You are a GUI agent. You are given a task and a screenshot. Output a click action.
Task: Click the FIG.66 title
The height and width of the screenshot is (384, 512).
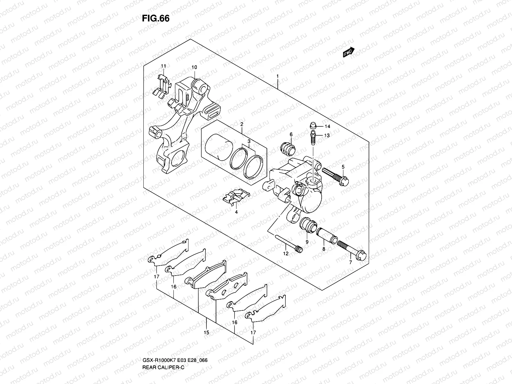coord(156,19)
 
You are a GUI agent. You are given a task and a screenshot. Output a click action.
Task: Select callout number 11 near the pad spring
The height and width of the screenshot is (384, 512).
coord(164,66)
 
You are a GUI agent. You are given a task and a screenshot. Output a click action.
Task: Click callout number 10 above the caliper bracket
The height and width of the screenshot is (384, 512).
coord(194,67)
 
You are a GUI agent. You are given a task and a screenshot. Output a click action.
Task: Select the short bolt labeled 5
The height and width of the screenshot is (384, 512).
coord(336,177)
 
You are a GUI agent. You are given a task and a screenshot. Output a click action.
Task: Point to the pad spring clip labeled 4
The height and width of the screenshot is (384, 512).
coord(236,197)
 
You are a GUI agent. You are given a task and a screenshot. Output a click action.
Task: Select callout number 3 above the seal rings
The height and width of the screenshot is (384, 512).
coord(248,141)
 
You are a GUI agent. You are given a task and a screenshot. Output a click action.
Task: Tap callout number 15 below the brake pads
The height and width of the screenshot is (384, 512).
coord(206,333)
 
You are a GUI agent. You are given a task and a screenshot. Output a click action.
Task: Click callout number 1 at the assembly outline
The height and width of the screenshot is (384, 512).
coord(278,76)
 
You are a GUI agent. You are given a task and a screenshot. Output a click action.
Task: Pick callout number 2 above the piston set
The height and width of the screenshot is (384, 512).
coord(242,124)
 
